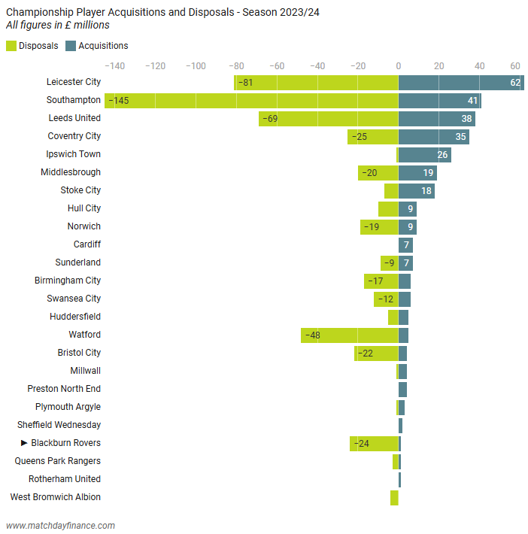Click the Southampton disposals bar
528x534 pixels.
(251, 100)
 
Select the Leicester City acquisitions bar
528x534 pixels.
(460, 82)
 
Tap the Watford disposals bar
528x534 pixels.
(349, 335)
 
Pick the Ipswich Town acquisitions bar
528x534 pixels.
(424, 154)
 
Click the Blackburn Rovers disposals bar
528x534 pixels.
(374, 443)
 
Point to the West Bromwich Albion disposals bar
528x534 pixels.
(394, 497)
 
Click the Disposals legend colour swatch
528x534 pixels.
(11, 46)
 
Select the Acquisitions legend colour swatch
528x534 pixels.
(71, 46)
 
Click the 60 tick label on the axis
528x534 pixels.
(515, 65)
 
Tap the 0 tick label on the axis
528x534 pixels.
(399, 65)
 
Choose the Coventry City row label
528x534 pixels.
(74, 136)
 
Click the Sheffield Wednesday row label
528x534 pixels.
(59, 425)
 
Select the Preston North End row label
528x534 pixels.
(64, 389)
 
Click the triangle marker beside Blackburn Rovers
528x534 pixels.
(24, 443)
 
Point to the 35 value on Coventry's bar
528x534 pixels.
(461, 136)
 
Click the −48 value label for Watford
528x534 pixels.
(312, 335)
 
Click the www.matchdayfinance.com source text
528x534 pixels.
(60, 526)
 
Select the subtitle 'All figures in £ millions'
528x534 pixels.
(57, 26)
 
